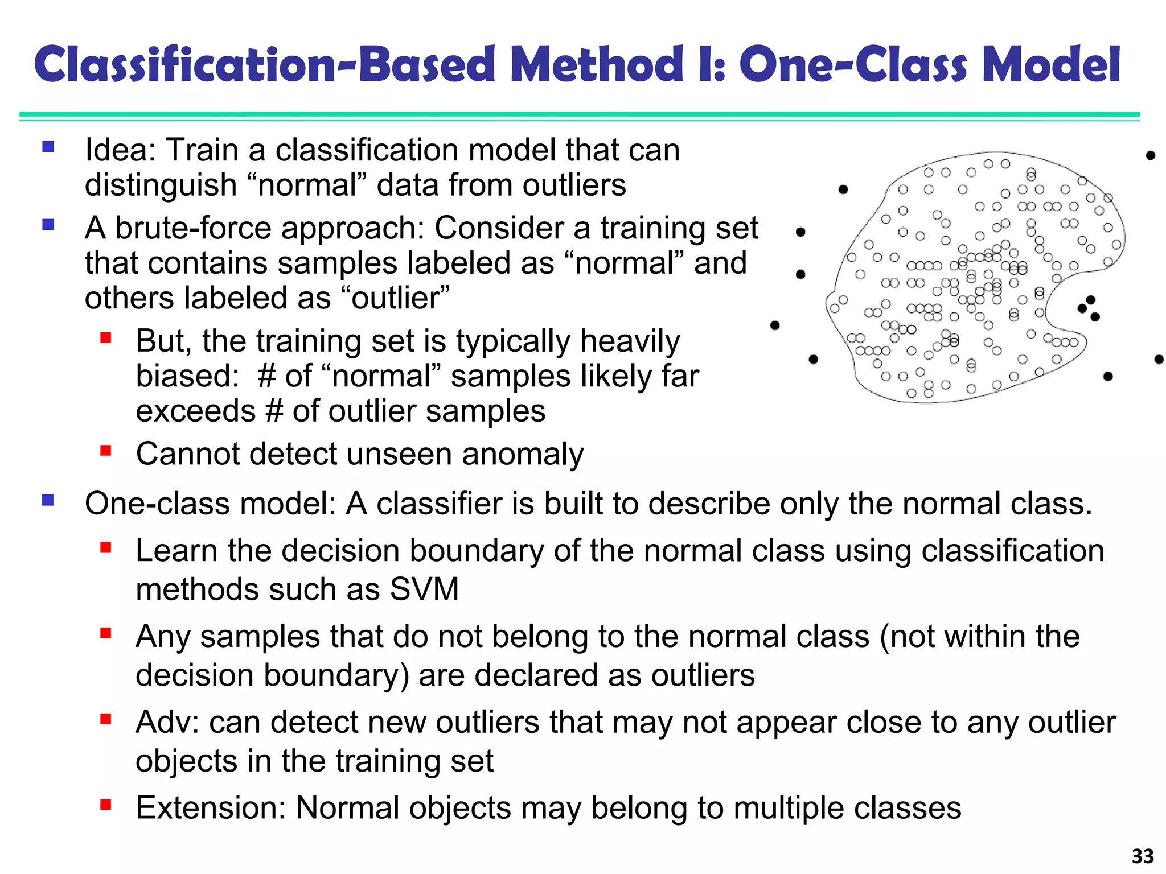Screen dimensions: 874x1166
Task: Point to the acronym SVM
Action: pyautogui.click(x=424, y=589)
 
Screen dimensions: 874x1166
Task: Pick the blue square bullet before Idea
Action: pyautogui.click(x=48, y=147)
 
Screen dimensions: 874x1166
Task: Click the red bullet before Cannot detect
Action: pyautogui.click(x=105, y=451)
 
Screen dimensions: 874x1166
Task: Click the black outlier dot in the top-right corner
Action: pyautogui.click(x=1151, y=155)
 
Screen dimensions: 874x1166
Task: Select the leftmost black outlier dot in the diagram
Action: pyautogui.click(x=775, y=325)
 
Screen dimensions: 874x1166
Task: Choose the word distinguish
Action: pyautogui.click(x=161, y=185)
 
